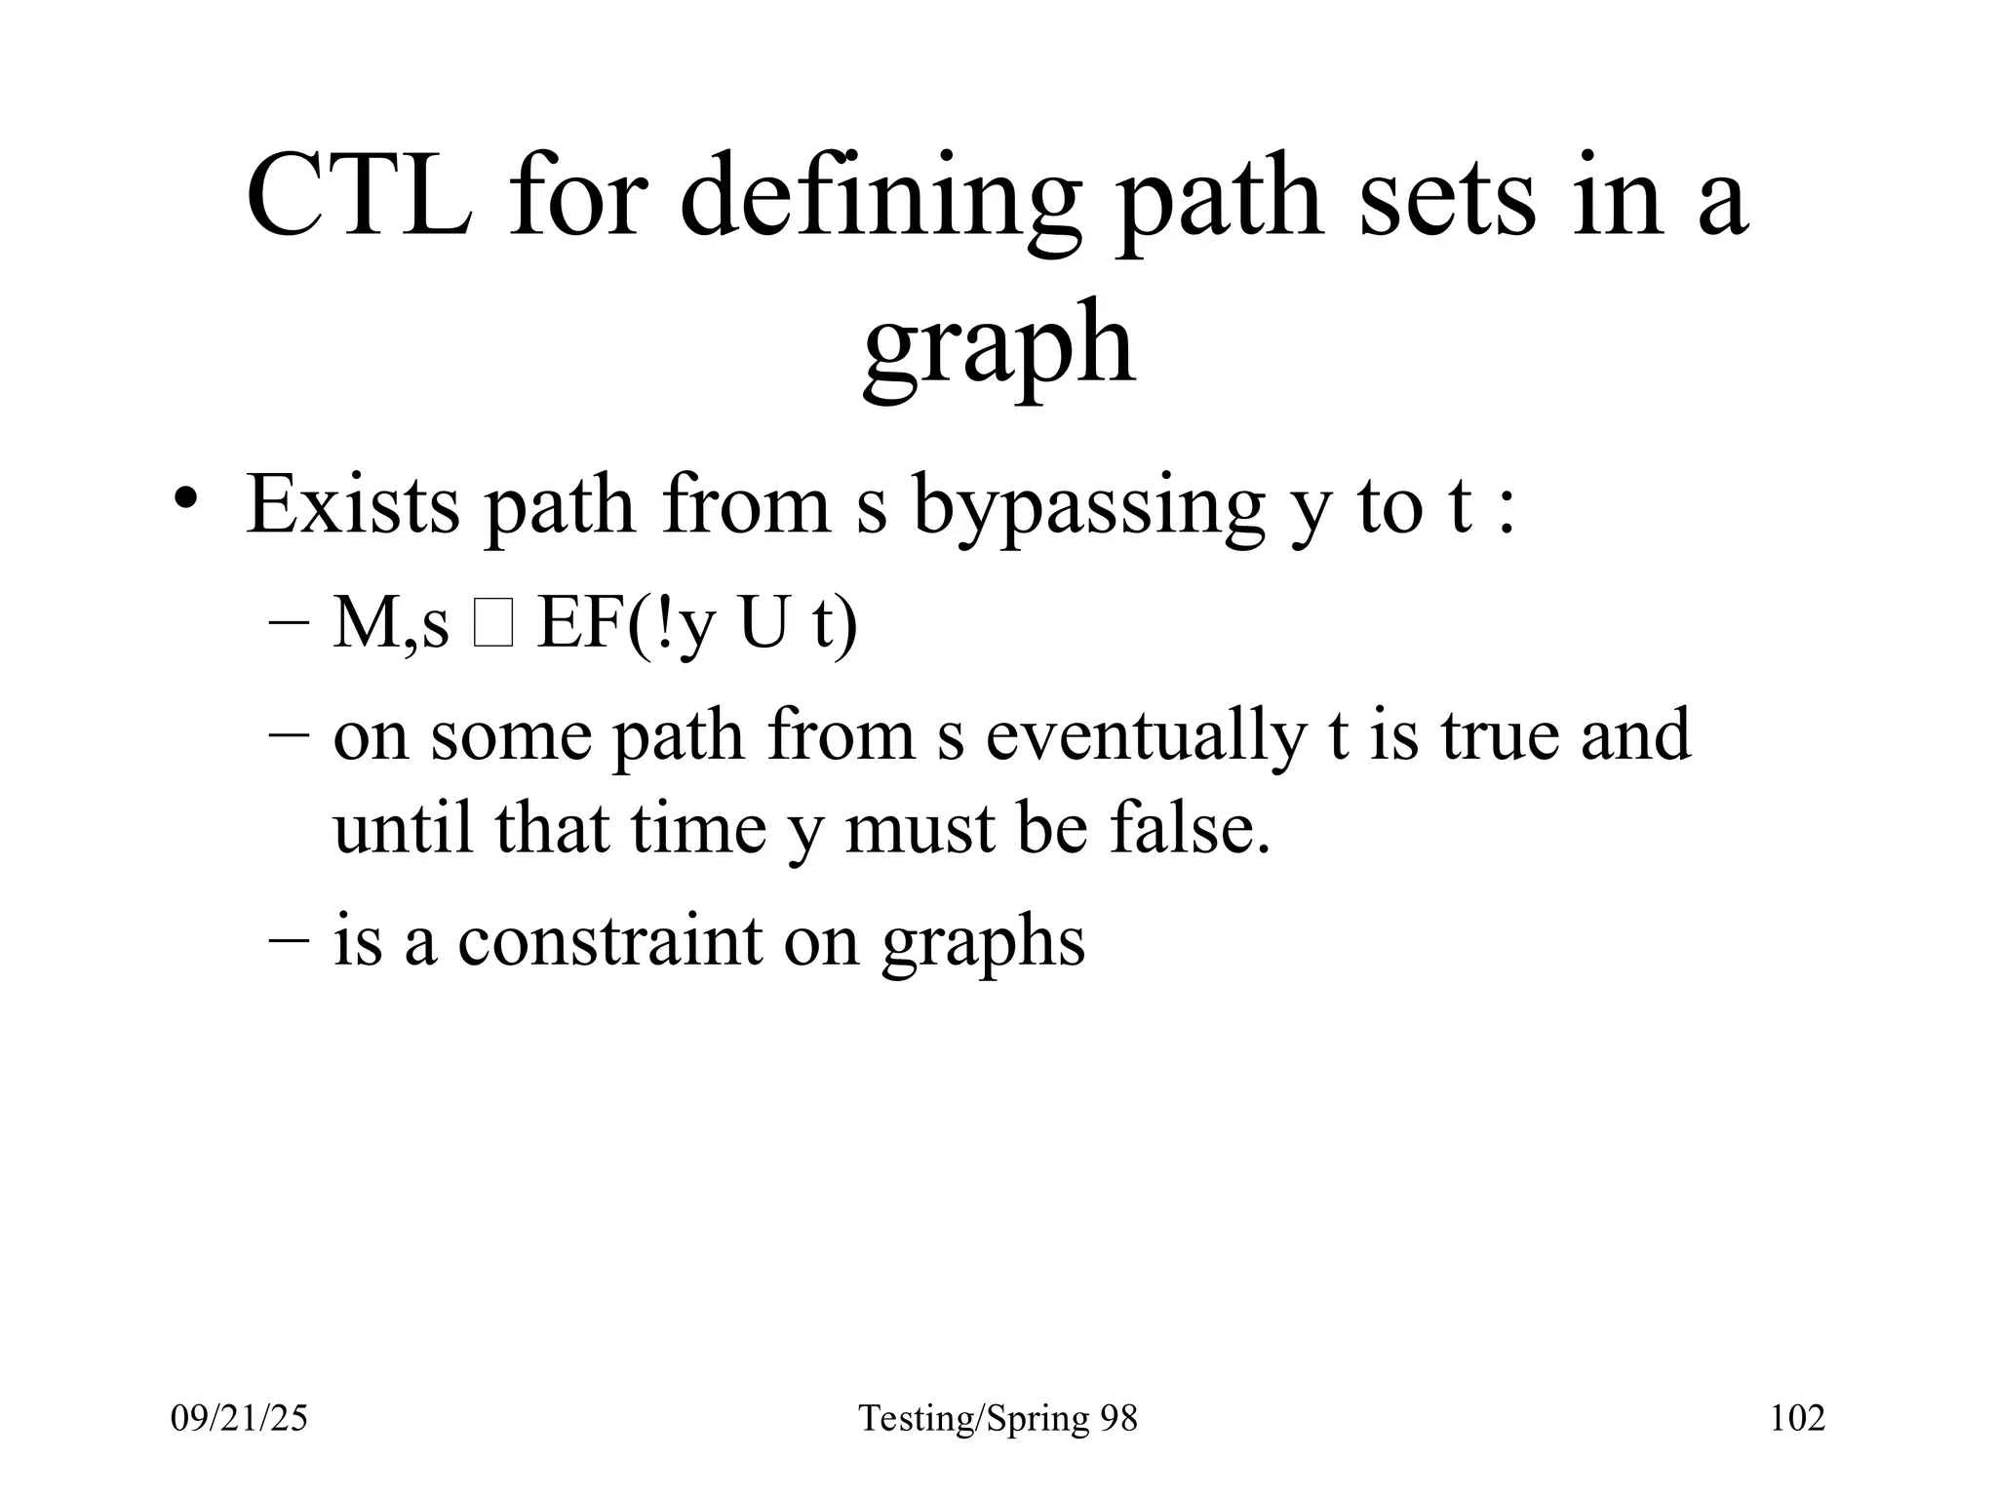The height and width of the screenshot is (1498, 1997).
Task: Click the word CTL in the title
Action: tap(359, 197)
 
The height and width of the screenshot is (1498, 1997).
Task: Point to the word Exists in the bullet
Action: tap(352, 505)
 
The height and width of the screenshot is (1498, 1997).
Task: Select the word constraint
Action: tap(609, 941)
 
